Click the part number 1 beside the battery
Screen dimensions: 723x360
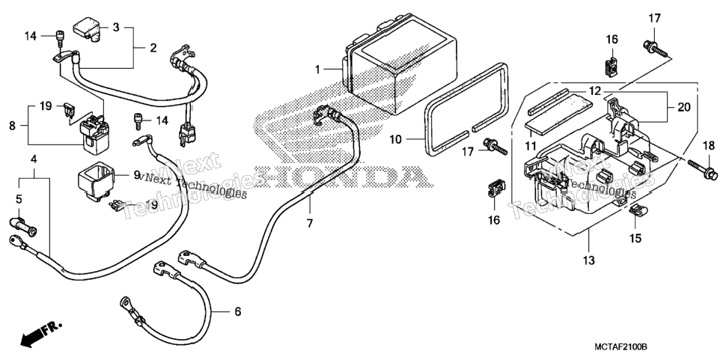point(317,70)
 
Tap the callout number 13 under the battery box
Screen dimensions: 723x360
point(589,260)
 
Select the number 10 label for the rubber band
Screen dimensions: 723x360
point(395,138)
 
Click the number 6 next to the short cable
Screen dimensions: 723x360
point(237,311)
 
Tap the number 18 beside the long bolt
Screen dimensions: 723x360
point(709,146)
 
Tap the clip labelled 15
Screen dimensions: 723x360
point(638,212)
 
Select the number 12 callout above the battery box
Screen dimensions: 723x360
point(595,91)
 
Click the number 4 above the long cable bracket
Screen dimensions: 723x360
point(34,159)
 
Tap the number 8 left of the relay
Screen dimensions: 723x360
point(13,125)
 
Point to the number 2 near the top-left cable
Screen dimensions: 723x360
point(153,47)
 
